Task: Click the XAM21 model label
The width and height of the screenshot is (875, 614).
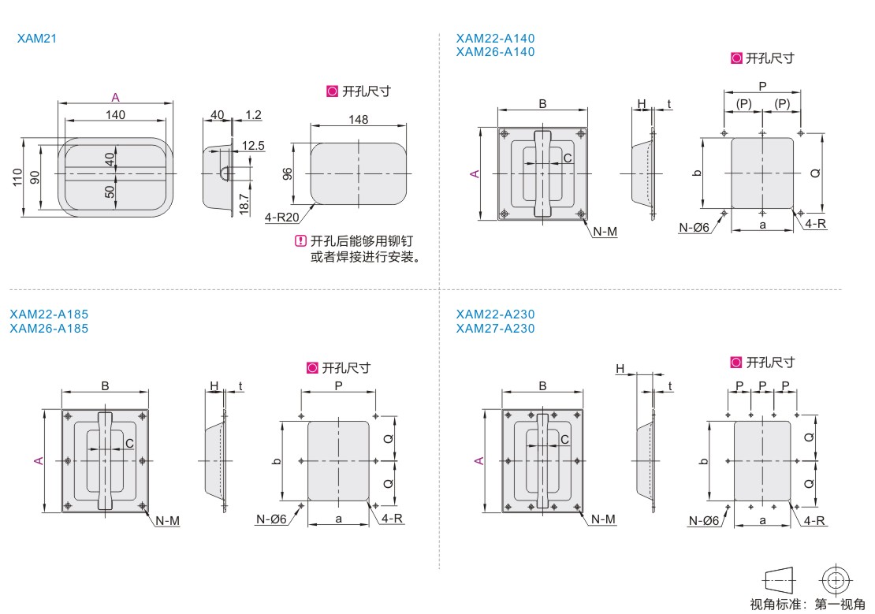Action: point(37,39)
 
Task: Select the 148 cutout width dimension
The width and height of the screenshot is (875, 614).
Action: point(358,120)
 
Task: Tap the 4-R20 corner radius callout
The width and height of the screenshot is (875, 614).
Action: point(281,217)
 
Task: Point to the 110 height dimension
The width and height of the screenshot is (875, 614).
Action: point(17,177)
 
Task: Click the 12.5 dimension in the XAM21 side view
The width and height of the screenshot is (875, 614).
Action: point(253,146)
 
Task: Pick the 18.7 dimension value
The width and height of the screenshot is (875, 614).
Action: point(244,204)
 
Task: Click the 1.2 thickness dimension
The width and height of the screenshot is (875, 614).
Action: point(253,115)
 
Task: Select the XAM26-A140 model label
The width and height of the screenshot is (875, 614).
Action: point(495,52)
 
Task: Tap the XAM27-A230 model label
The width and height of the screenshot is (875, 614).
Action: point(495,328)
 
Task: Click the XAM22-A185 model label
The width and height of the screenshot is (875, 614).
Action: point(49,314)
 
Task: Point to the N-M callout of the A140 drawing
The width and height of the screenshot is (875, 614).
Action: point(605,232)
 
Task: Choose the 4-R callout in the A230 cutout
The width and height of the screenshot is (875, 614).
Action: point(814,521)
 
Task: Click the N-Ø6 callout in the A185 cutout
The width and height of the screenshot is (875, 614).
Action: point(271,519)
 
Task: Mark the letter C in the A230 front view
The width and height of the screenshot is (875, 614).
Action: point(564,440)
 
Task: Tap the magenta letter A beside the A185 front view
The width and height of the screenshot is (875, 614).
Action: point(39,460)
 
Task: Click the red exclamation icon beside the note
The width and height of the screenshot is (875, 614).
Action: point(300,241)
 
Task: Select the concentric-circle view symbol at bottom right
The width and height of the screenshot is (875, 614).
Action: point(836,581)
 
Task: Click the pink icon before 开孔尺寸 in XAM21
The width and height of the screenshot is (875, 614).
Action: point(333,91)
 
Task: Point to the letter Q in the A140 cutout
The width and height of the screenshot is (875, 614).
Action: point(815,173)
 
